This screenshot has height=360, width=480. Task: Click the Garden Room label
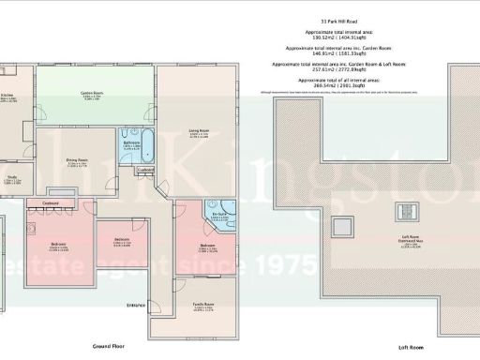[x=91, y=94]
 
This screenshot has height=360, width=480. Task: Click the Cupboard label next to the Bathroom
[x=143, y=170]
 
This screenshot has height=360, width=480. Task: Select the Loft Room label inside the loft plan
[x=407, y=236]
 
